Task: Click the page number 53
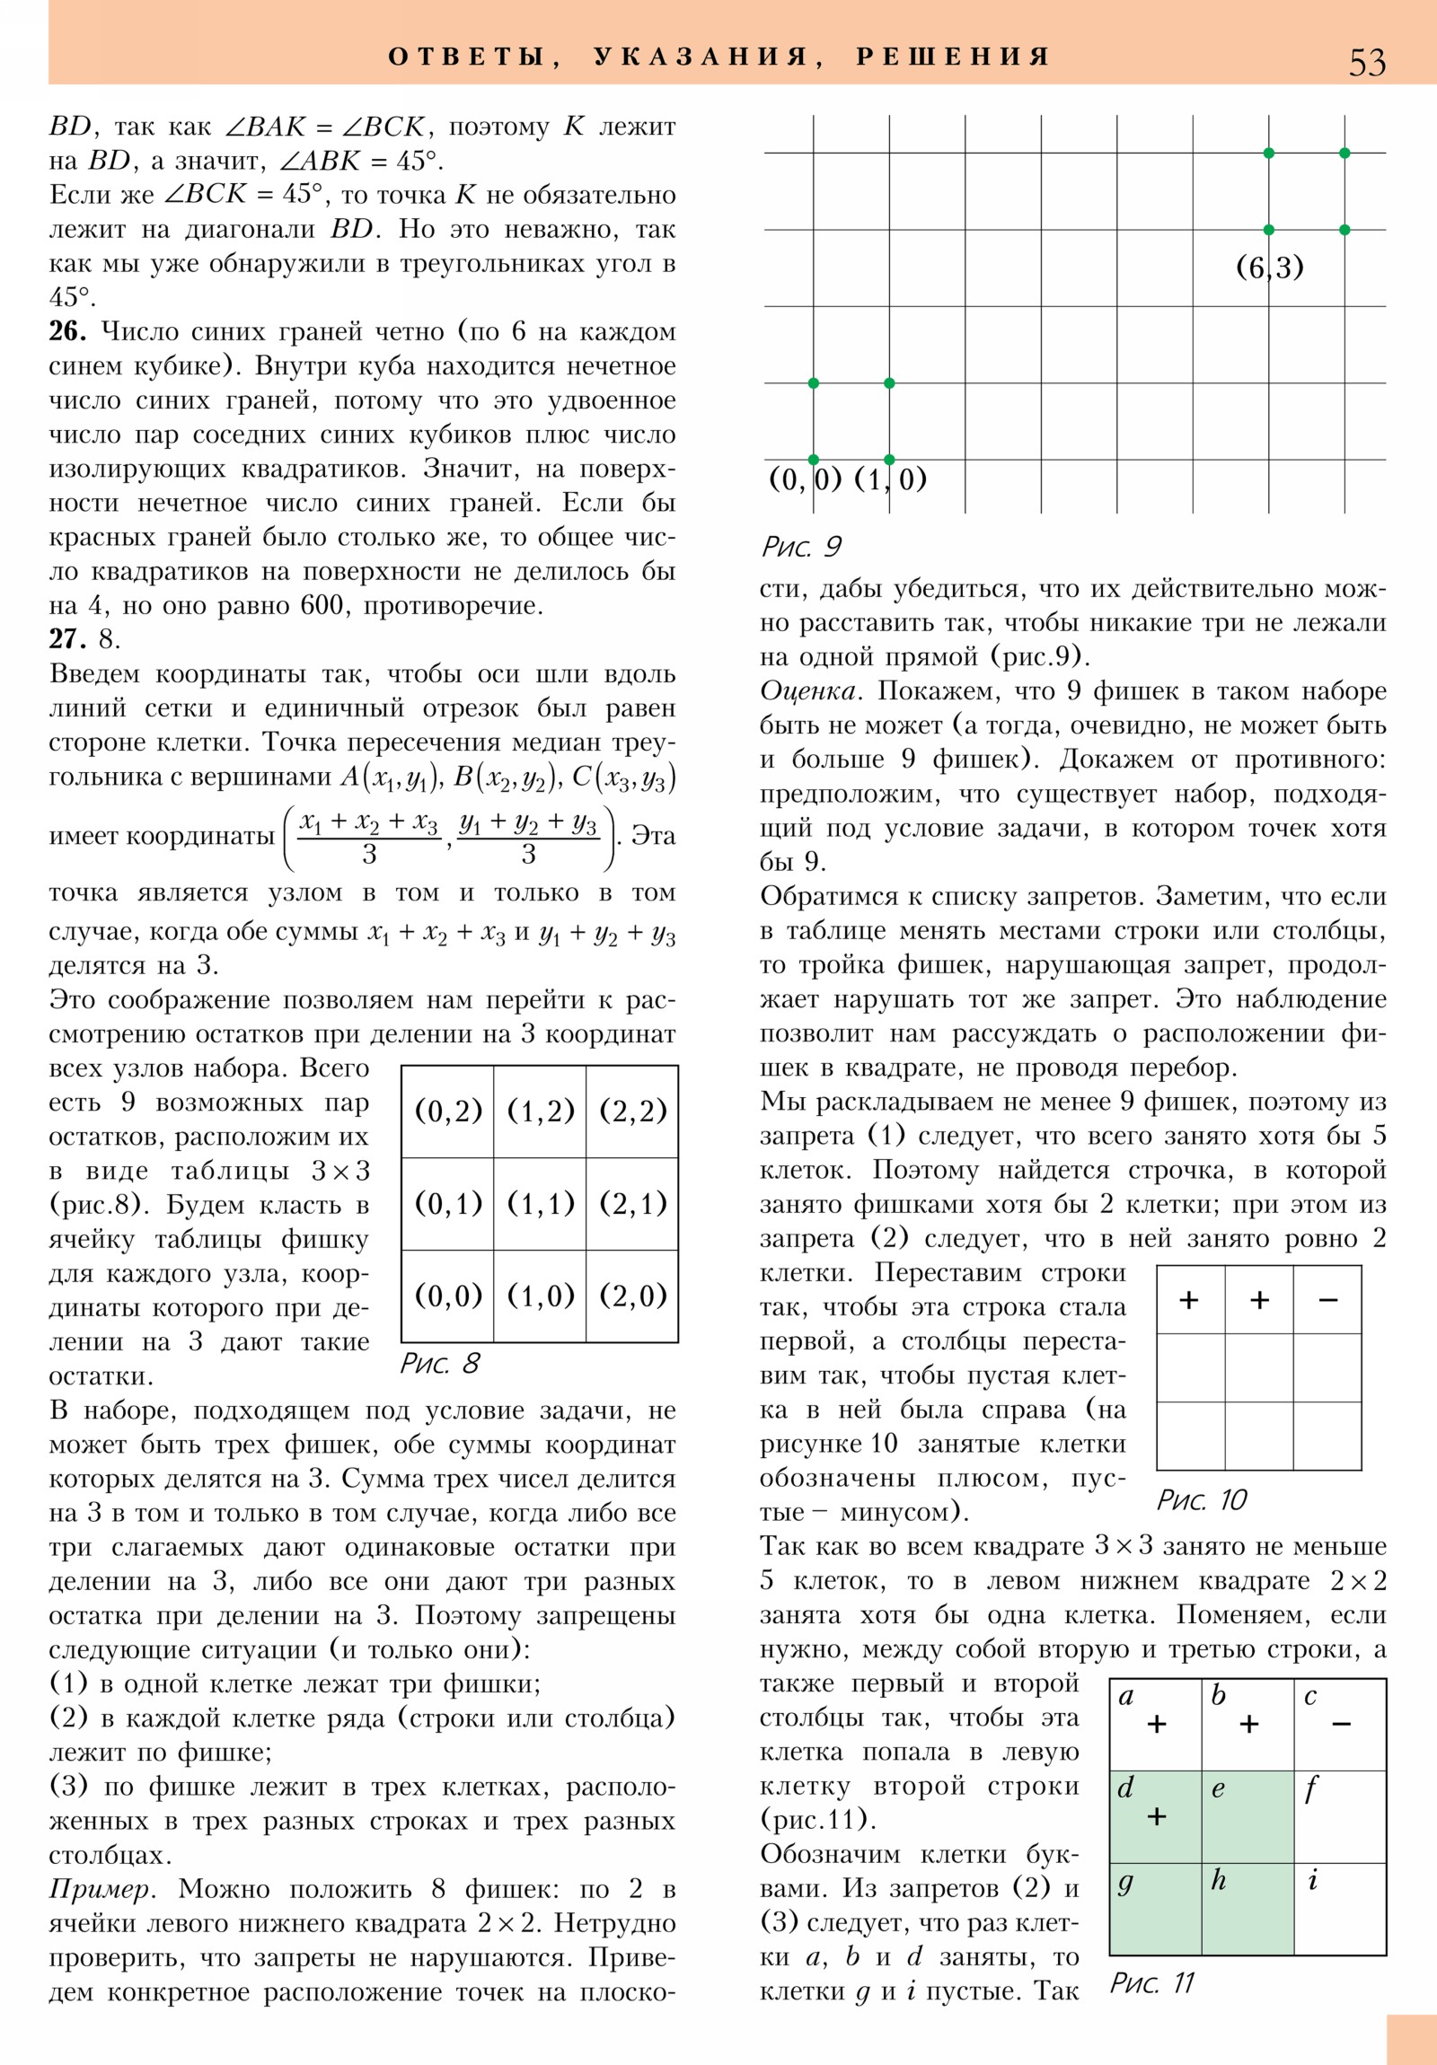1366,63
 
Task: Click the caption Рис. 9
801,546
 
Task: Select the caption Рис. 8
439,1364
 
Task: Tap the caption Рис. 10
1202,1499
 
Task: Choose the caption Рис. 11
1151,1982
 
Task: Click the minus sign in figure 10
1328,1300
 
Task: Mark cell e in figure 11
1248,1816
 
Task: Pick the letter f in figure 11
1311,1788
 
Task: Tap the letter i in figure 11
1313,1880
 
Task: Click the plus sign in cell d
1156,1816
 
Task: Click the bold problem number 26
67,332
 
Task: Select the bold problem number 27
67,639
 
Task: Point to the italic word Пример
102,1889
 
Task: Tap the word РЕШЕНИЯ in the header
953,57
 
